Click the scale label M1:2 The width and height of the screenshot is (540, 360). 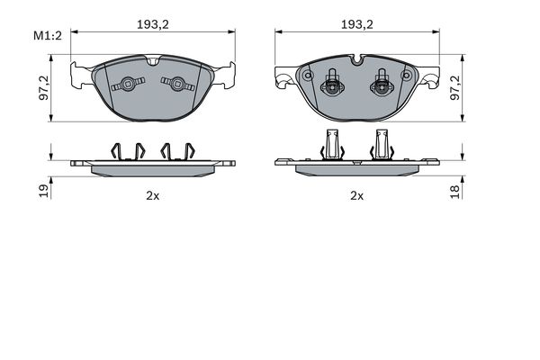[x=47, y=37]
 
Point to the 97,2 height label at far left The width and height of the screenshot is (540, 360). [x=43, y=88]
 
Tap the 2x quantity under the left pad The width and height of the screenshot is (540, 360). [x=154, y=194]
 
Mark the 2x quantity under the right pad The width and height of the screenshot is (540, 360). [x=356, y=194]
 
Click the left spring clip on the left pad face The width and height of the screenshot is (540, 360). [x=127, y=85]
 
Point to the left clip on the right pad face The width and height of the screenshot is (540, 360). [x=332, y=86]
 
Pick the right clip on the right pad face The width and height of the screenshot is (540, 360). [x=382, y=86]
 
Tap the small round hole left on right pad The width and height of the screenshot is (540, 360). [x=308, y=76]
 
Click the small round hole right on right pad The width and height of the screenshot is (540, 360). [x=407, y=76]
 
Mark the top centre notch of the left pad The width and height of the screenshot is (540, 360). [x=154, y=62]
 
